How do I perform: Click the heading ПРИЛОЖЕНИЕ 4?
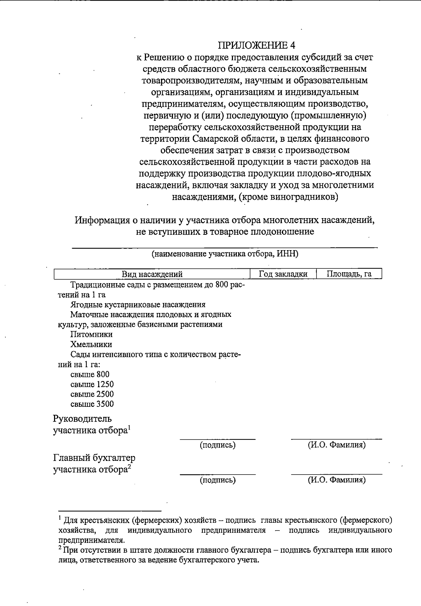pyautogui.click(x=257, y=45)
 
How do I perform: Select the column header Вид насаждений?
pyautogui.click(x=152, y=274)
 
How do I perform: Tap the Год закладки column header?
pyautogui.click(x=283, y=274)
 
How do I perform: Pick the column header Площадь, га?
pyautogui.click(x=349, y=274)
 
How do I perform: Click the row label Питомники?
pyautogui.click(x=91, y=334)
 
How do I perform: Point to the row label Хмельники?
pyautogui.click(x=91, y=344)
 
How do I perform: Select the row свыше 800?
pyautogui.click(x=90, y=374)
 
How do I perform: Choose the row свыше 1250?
pyautogui.click(x=92, y=384)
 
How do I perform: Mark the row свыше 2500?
pyautogui.click(x=92, y=394)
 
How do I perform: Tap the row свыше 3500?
pyautogui.click(x=92, y=404)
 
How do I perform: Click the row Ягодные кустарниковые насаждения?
pyautogui.click(x=138, y=305)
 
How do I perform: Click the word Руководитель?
pyautogui.click(x=82, y=419)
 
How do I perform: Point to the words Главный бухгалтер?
pyautogui.click(x=94, y=458)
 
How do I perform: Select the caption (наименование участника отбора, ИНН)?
pyautogui.click(x=225, y=254)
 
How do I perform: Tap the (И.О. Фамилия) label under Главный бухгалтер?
pyautogui.click(x=337, y=480)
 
